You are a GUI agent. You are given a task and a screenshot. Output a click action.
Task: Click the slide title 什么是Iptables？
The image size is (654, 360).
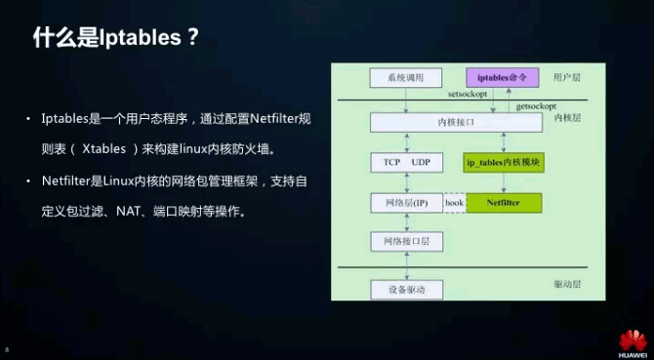tap(116, 38)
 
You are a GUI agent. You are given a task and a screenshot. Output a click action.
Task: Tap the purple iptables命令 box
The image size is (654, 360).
tap(502, 77)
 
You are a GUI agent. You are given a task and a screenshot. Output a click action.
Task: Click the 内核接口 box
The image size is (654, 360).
tap(456, 123)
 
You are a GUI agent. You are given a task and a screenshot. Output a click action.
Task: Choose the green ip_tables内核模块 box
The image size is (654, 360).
tap(503, 162)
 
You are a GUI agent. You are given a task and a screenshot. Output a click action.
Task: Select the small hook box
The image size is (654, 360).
tap(454, 203)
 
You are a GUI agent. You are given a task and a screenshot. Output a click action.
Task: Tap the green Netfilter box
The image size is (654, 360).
tap(504, 203)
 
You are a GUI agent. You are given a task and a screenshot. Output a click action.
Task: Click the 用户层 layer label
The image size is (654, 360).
tap(567, 76)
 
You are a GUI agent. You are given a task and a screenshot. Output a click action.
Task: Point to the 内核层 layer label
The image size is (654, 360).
tap(567, 117)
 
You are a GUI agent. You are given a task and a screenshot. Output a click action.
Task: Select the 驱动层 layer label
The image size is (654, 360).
tap(567, 285)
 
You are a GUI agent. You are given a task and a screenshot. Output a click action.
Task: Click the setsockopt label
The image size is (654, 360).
tap(472, 96)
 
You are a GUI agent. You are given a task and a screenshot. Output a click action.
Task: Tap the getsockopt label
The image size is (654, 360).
tap(536, 104)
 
